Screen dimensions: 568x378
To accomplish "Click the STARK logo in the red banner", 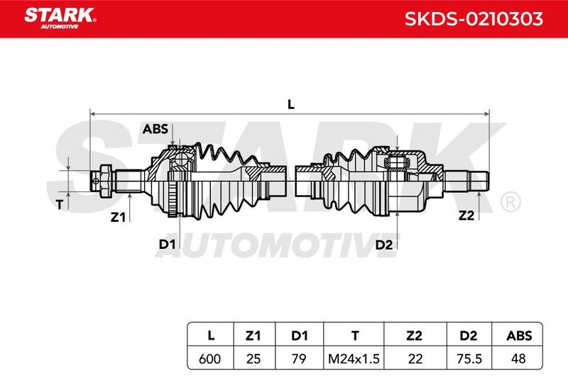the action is click(x=60, y=18).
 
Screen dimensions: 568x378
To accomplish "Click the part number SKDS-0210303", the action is click(x=474, y=19).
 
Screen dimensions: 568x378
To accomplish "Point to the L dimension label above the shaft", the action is click(x=291, y=104).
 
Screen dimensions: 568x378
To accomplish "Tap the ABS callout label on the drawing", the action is click(x=155, y=129).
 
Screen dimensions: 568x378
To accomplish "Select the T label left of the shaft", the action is click(x=60, y=205).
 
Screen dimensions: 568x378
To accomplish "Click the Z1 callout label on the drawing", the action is click(x=118, y=218).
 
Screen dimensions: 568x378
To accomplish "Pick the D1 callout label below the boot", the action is click(x=167, y=244).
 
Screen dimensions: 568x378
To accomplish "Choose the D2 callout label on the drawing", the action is click(x=384, y=245).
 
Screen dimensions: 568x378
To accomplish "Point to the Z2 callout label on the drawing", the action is click(x=466, y=216).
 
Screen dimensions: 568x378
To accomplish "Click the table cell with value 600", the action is click(x=209, y=359).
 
